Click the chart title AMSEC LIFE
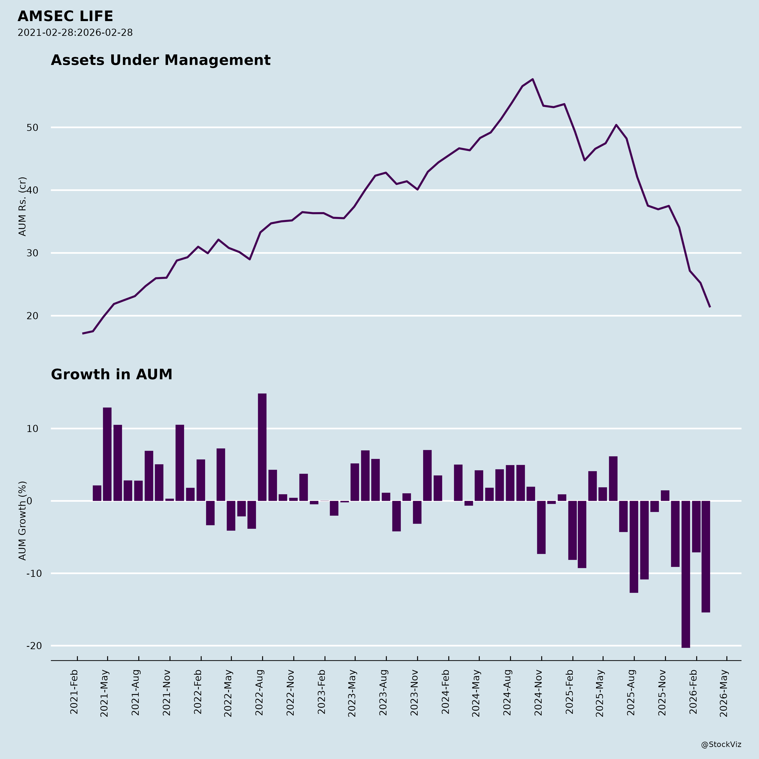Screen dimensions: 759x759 (x=65, y=16)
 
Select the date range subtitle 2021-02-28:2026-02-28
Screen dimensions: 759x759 (x=75, y=33)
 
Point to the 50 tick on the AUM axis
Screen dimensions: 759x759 (x=33, y=128)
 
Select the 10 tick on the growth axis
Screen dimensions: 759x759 (x=33, y=429)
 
